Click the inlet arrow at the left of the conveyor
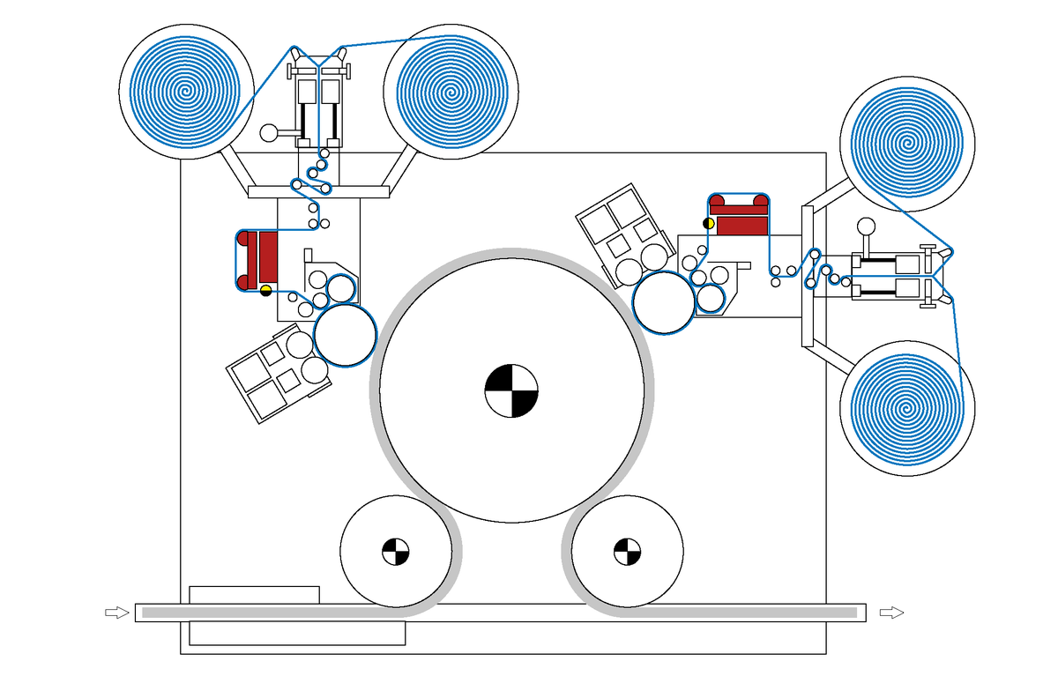point(115,612)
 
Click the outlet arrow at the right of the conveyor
point(892,612)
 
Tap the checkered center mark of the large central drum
point(511,390)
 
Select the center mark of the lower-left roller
point(395,552)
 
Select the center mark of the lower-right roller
point(627,552)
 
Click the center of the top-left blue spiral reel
point(185,91)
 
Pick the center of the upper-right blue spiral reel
point(908,143)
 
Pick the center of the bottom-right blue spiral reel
point(907,408)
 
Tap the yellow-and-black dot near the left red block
point(265,290)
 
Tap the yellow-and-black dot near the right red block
point(709,223)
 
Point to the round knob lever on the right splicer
point(866,226)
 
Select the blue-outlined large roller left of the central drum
point(345,336)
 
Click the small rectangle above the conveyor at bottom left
point(254,594)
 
